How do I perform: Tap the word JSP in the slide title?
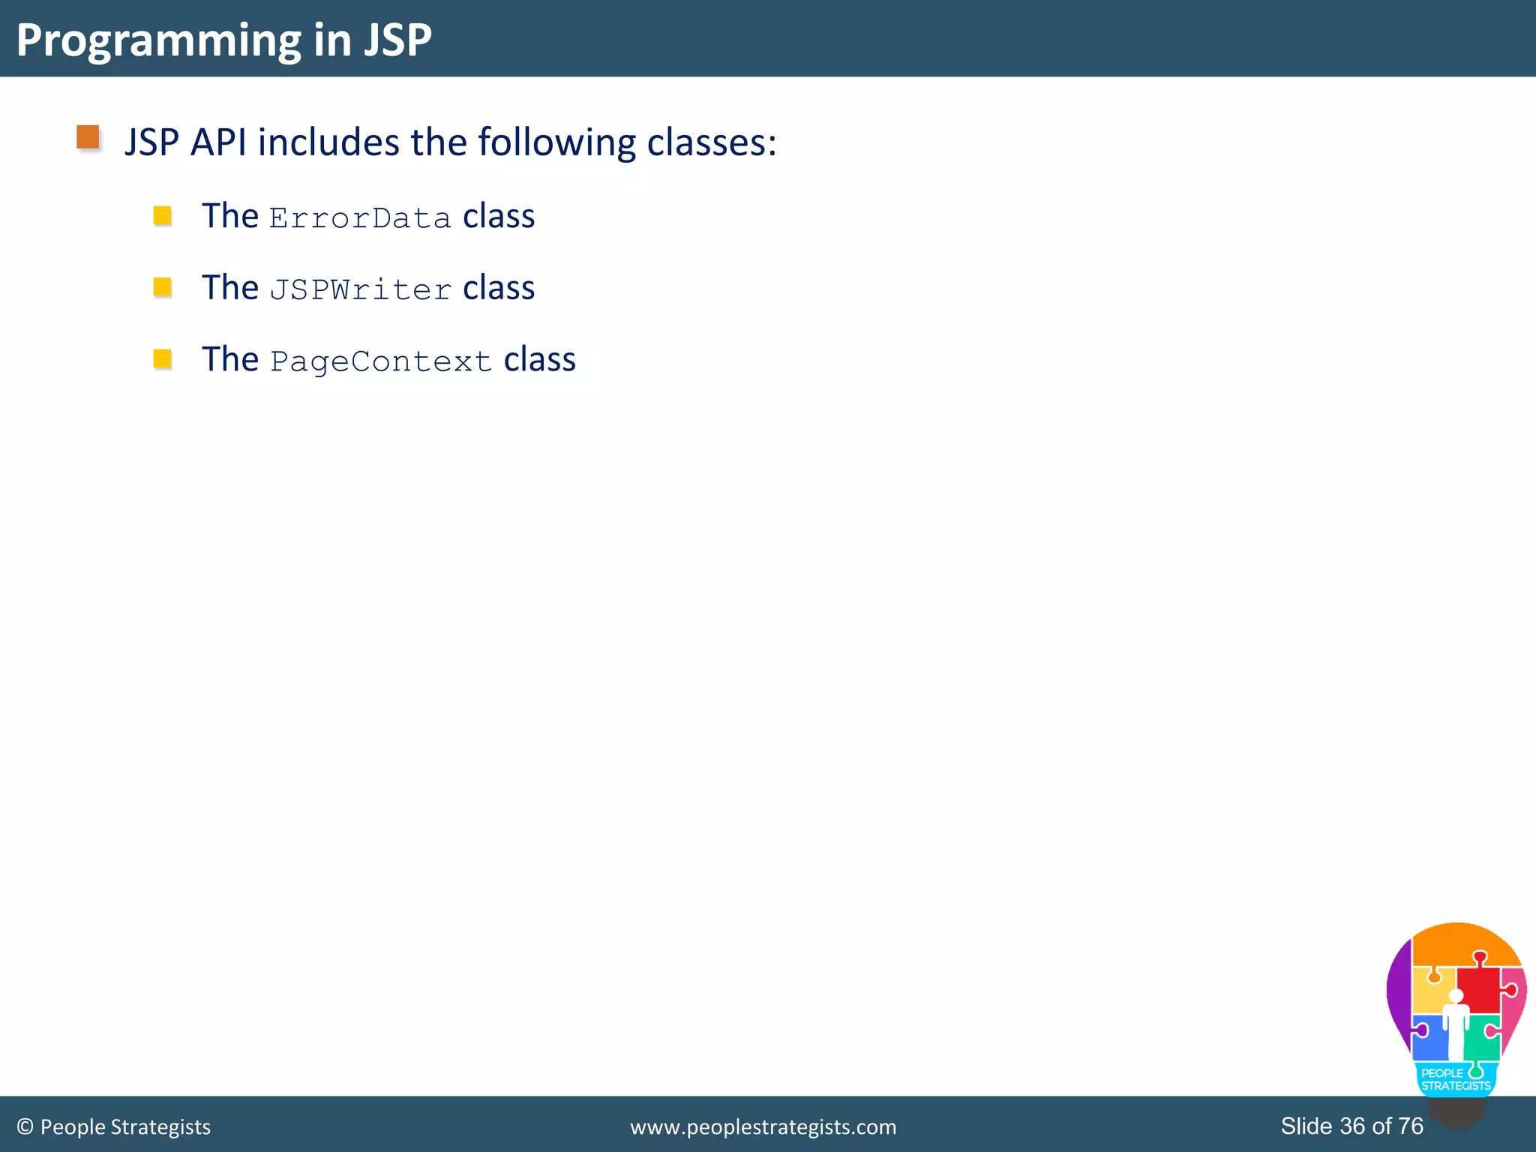[397, 40]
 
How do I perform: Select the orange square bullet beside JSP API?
[88, 137]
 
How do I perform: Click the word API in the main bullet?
[218, 142]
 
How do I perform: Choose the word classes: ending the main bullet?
[712, 142]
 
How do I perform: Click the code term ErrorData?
[360, 218]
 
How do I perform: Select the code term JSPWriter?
[360, 289]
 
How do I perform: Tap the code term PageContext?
[381, 361]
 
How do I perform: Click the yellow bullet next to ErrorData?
[163, 216]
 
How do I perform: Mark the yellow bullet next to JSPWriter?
[163, 287]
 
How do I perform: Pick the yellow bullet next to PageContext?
[163, 358]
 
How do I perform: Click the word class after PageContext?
[539, 360]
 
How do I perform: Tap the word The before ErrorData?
[230, 216]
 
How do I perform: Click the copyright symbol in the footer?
[25, 1126]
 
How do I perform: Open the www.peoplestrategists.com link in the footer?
[763, 1126]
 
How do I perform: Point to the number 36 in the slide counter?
[1352, 1126]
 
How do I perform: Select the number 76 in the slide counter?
[1411, 1126]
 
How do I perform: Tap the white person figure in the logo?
[1456, 1024]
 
